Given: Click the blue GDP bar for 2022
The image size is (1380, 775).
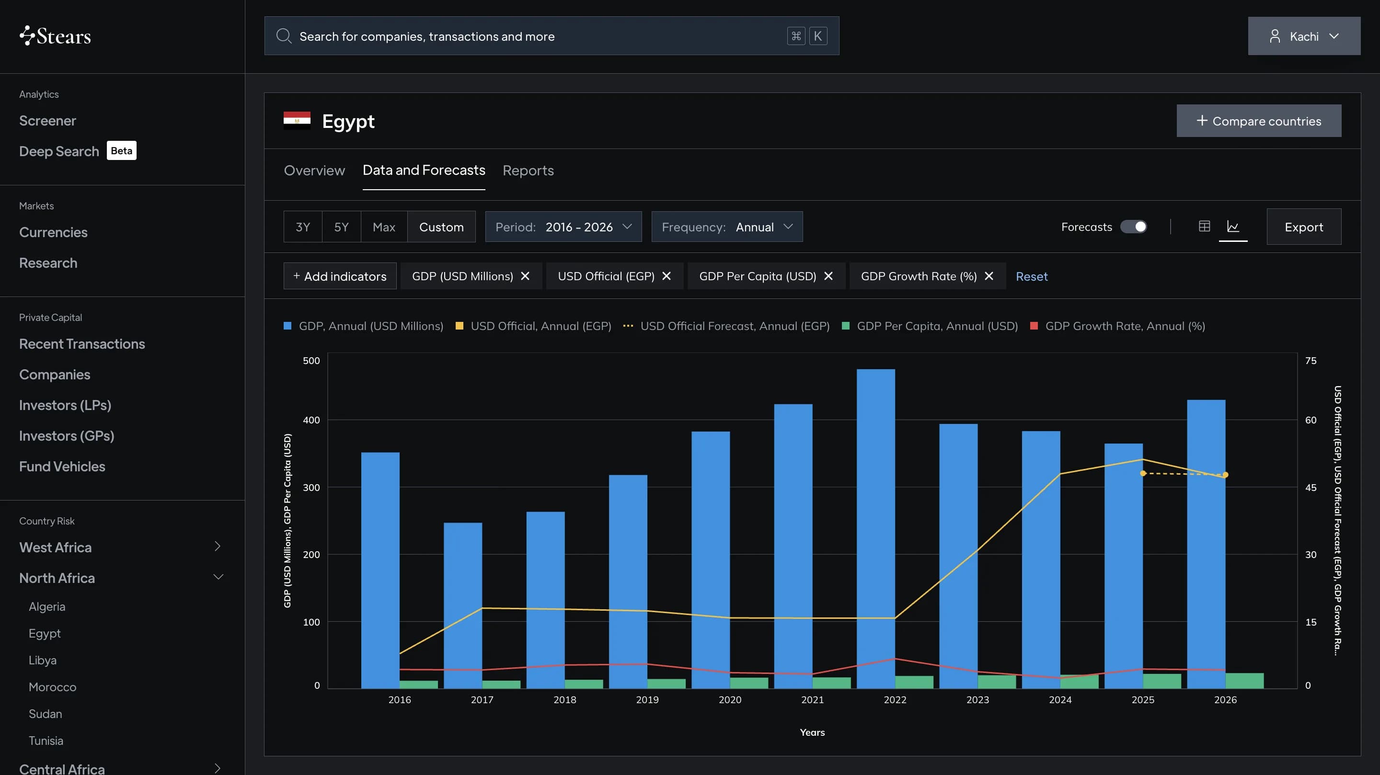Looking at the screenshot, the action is (875, 529).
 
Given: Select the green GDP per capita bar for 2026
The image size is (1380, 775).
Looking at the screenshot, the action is (1244, 681).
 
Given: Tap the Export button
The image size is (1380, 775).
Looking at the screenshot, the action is (1303, 227).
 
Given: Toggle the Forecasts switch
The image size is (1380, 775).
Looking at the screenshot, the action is (1134, 227).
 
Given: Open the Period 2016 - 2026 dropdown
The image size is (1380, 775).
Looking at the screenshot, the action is (563, 227).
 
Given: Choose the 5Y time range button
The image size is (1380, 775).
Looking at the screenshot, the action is (341, 227).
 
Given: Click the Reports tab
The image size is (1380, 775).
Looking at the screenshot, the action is (528, 171).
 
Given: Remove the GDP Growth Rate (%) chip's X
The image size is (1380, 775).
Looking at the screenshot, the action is (989, 276).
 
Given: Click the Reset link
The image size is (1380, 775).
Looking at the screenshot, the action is (1031, 276).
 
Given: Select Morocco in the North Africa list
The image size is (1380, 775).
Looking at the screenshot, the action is (53, 687).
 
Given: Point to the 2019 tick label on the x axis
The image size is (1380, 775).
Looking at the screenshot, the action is (647, 699).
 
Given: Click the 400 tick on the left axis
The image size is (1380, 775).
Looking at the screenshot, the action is (311, 420).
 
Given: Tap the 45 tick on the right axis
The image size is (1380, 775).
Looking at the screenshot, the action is (1311, 488).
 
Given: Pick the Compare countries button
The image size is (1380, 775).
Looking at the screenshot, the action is (1258, 121).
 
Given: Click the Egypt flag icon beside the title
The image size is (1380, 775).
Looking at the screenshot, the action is (297, 121).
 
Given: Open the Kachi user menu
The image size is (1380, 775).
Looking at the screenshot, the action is (1304, 36).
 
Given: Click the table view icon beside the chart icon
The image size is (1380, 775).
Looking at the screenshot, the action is (1204, 226).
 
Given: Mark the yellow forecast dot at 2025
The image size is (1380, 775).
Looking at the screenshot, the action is (1143, 473).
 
